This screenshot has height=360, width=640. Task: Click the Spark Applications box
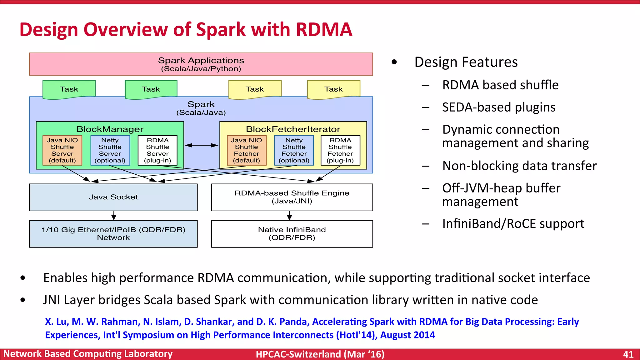click(201, 64)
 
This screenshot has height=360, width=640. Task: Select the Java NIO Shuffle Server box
click(62, 150)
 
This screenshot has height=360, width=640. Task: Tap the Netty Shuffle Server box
click(110, 150)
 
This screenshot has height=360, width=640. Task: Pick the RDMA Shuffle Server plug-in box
click(157, 150)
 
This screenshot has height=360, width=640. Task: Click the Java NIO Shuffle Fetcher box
click(247, 150)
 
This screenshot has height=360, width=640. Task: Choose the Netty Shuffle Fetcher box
click(294, 150)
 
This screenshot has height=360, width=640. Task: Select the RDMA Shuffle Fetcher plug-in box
click(340, 150)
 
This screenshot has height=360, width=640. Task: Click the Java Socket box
click(113, 197)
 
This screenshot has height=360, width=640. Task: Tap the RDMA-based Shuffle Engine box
click(292, 197)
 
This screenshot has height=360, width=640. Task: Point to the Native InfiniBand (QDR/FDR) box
click(292, 234)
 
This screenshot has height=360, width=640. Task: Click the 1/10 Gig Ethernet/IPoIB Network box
click(113, 234)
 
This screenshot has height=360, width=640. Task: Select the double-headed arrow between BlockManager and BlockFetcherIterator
click(202, 145)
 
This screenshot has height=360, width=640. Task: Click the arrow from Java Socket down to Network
click(114, 216)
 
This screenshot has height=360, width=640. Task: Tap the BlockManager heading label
click(110, 129)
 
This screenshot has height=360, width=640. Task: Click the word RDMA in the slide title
click(324, 30)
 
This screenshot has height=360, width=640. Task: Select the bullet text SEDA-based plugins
click(499, 107)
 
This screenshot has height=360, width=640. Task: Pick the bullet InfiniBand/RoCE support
click(513, 224)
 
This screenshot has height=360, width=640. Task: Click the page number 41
click(628, 354)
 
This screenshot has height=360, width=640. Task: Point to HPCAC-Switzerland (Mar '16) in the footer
click(320, 354)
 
